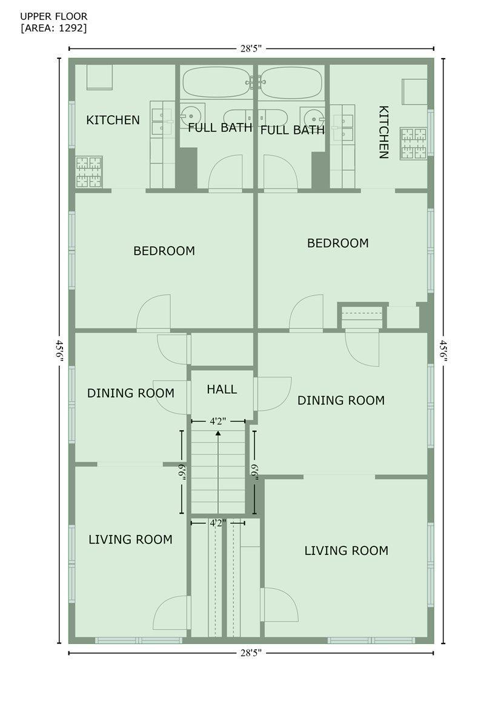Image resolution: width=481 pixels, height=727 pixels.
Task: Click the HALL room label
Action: point(222,390)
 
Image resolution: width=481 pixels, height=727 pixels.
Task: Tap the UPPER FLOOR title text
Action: point(53,16)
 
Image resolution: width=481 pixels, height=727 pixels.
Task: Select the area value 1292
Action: point(71,28)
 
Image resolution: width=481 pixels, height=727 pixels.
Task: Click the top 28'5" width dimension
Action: point(251,48)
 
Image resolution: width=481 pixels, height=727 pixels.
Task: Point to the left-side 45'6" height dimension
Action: point(59,351)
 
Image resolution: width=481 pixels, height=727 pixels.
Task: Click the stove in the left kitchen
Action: point(89,171)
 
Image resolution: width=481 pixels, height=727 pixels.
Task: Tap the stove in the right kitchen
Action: point(413,143)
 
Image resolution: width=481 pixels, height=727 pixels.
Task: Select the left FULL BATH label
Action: point(220,128)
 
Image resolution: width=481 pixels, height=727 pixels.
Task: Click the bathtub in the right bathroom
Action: point(291,82)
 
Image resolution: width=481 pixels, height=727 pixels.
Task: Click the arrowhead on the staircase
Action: point(218,433)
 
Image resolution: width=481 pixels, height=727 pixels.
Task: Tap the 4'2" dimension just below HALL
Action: point(217,421)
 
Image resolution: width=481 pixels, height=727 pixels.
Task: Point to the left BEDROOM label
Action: point(164,251)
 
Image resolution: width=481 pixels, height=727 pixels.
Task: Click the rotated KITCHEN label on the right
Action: point(384,132)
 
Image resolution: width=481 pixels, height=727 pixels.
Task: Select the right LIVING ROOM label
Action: point(347,551)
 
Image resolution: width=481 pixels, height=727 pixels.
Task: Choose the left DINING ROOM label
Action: point(131,393)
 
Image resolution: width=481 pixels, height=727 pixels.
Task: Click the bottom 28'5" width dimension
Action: point(251,652)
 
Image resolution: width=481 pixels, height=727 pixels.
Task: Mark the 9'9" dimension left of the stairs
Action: point(182,472)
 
